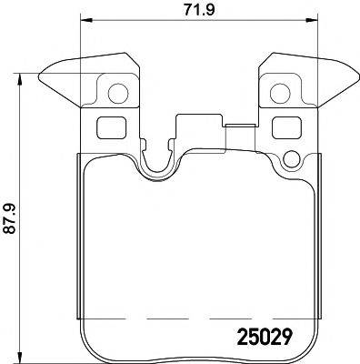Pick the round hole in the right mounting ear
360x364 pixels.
pos(279,93)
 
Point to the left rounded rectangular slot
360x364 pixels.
pos(110,127)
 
